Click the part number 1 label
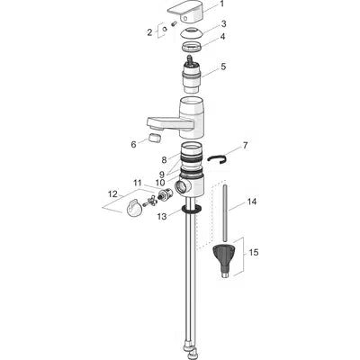pyautogui.click(x=221, y=4)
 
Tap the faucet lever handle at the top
pyautogui.click(x=186, y=13)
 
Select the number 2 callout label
pyautogui.click(x=149, y=32)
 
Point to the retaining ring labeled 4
pyautogui.click(x=193, y=47)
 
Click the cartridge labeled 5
pyautogui.click(x=193, y=75)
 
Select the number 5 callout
pyautogui.click(x=223, y=67)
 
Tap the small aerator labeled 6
pyautogui.click(x=155, y=138)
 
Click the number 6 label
pyautogui.click(x=133, y=145)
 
